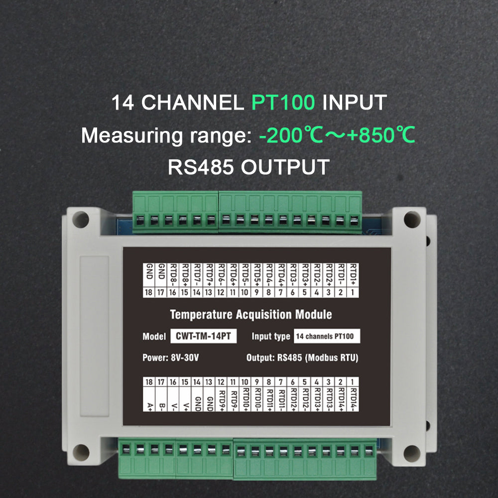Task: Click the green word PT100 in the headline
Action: click(283, 103)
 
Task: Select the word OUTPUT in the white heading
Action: click(285, 167)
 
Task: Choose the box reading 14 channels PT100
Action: click(327, 336)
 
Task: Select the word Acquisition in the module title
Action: click(262, 315)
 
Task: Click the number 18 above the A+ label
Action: click(148, 382)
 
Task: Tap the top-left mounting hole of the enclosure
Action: click(81, 219)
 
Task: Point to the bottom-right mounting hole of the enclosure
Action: click(412, 453)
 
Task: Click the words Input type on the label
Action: click(270, 336)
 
